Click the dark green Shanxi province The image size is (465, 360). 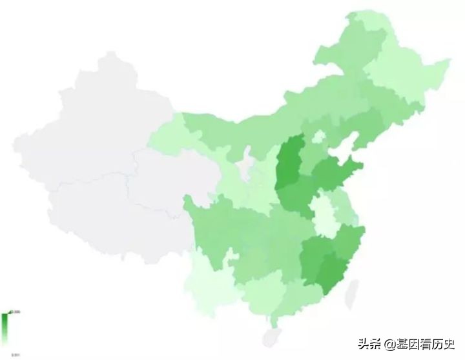pos(289,165)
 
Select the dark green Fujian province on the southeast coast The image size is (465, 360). pos(332,271)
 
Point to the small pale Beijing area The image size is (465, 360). pos(318,137)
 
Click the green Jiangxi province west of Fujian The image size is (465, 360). pos(313,258)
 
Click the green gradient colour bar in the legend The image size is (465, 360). pos(5,329)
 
